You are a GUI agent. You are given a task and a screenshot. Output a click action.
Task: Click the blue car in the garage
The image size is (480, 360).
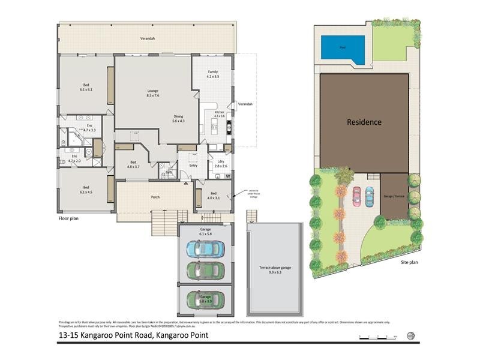click(205, 247)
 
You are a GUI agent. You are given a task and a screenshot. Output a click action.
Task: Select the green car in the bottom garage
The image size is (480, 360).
click(205, 299)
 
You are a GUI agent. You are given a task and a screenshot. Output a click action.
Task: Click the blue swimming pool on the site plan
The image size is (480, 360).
click(342, 47)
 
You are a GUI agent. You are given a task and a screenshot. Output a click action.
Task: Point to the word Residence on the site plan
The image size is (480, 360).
click(364, 122)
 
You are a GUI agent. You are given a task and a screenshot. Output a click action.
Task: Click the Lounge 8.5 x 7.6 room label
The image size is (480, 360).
click(152, 93)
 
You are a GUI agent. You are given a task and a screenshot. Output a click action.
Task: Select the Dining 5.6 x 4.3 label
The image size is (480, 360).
click(178, 119)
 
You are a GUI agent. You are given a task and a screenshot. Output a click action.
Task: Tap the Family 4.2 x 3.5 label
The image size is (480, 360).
click(213, 74)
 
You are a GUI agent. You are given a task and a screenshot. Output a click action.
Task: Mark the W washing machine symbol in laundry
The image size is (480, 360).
click(227, 176)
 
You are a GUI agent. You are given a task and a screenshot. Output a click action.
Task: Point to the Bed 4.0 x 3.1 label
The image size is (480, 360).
click(213, 196)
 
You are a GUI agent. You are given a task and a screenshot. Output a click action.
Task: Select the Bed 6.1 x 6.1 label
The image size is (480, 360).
click(86, 87)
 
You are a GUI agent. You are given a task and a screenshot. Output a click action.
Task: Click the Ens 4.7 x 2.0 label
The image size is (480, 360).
click(74, 158)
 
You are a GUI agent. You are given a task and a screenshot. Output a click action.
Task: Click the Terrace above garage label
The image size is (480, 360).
click(274, 269)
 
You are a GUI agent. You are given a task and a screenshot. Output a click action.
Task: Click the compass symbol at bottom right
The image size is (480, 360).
click(410, 335)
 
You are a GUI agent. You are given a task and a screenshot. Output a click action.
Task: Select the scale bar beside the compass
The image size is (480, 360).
click(378, 336)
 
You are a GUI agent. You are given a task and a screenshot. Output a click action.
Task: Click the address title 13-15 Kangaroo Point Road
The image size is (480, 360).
click(133, 335)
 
